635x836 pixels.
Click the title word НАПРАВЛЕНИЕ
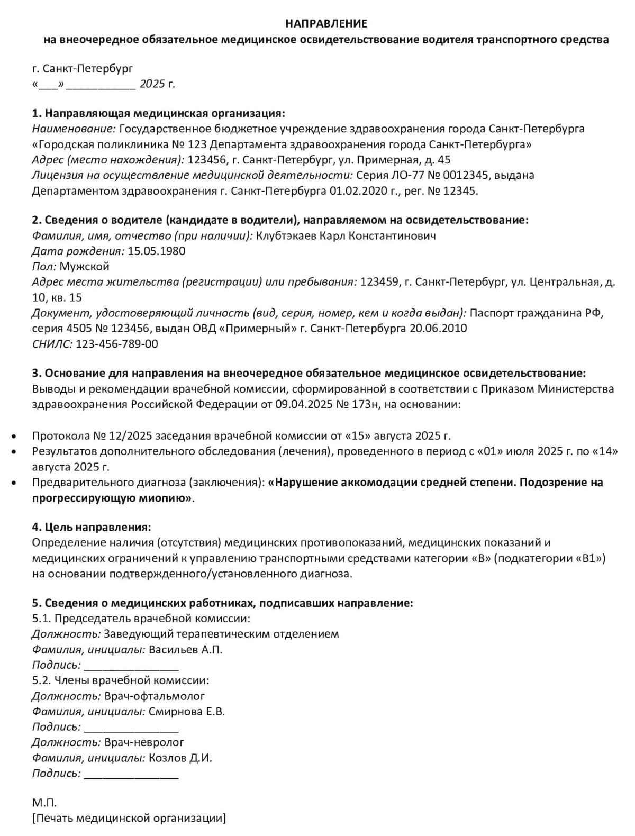tap(326, 24)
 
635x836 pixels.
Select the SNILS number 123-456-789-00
tap(117, 344)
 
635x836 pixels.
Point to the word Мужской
tap(84, 266)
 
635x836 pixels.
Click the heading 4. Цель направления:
tap(91, 527)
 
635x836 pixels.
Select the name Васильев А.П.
tap(186, 649)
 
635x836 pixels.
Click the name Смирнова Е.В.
tap(187, 711)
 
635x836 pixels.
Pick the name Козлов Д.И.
tap(180, 758)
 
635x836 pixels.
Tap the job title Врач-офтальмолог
tap(155, 696)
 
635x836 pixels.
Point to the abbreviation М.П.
tap(44, 803)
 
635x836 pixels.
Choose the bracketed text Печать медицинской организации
tap(129, 819)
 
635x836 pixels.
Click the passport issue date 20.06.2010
tap(438, 328)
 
